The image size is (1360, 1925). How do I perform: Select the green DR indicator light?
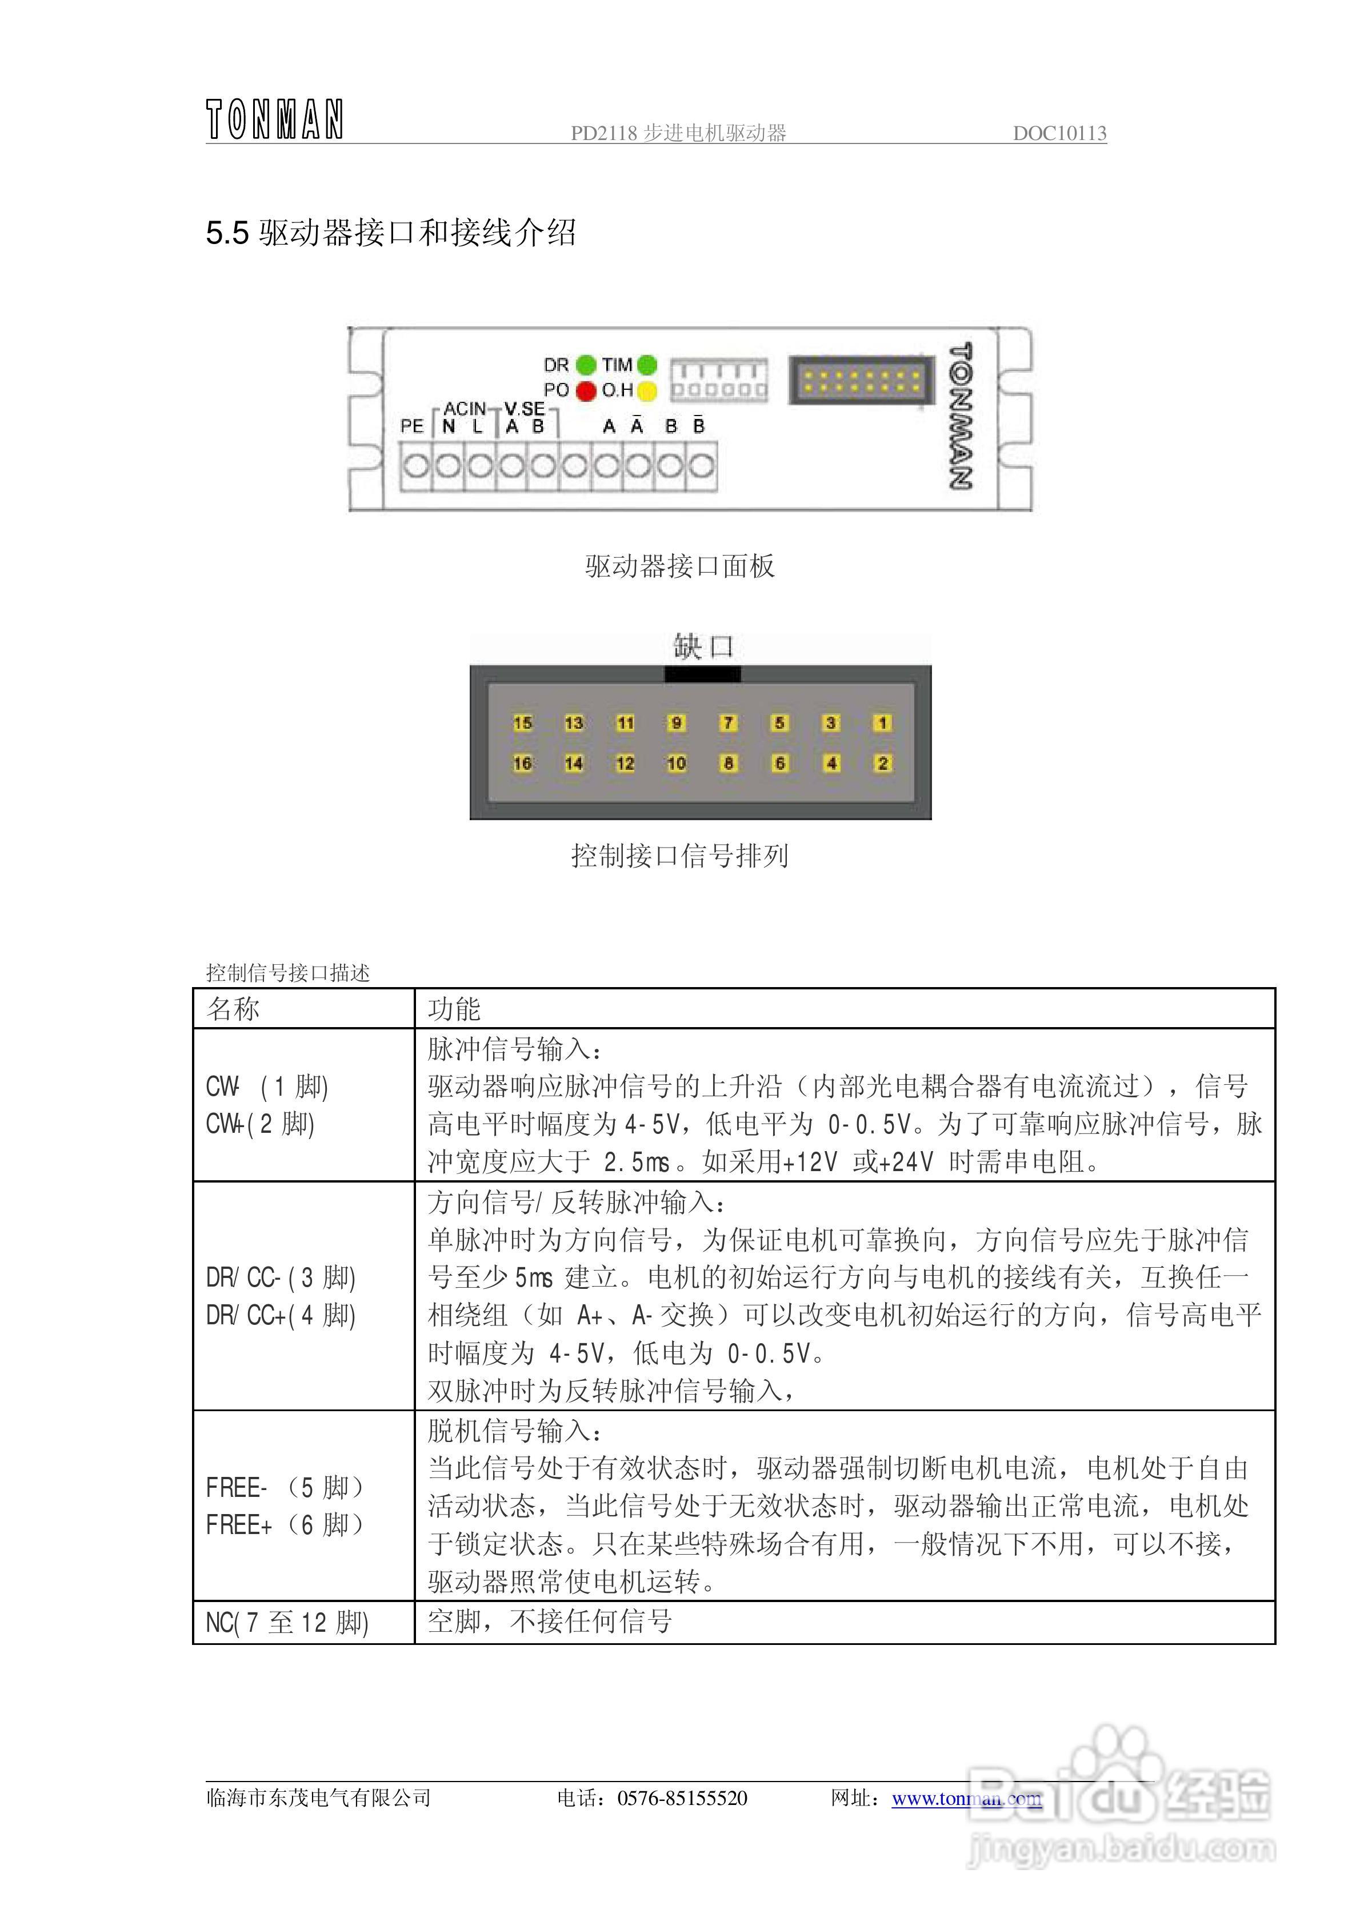coord(586,365)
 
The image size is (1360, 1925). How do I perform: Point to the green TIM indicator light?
coord(646,365)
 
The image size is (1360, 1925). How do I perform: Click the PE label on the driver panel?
coord(411,426)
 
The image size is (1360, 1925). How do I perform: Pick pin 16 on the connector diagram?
coord(522,763)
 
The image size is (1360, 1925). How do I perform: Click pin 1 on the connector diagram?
coord(882,722)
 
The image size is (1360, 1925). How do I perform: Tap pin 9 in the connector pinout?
coord(677,722)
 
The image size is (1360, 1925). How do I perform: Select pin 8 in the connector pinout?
coord(728,763)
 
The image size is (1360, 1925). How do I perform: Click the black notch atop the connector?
coord(702,673)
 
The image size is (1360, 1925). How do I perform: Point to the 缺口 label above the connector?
coord(703,646)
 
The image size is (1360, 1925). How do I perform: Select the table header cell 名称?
coord(233,1009)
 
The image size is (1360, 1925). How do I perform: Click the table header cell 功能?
coord(454,1009)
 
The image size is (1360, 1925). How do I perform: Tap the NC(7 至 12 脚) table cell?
coord(287,1622)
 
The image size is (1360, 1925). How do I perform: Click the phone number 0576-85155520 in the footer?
coord(682,1798)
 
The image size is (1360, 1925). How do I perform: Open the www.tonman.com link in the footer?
coord(966,1798)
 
